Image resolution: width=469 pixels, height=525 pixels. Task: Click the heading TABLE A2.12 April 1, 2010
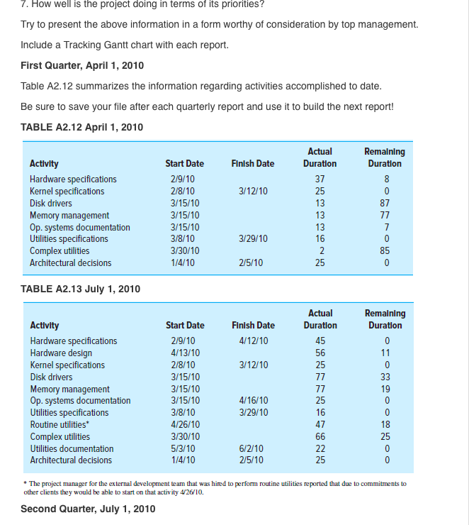[81, 127]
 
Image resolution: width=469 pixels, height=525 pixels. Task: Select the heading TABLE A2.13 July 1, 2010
[80, 289]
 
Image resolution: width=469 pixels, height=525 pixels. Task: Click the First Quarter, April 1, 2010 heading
[82, 65]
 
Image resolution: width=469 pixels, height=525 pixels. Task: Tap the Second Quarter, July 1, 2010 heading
[88, 509]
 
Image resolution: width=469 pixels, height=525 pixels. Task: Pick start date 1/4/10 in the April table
[181, 262]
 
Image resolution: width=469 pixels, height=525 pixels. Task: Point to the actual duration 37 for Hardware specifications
[320, 179]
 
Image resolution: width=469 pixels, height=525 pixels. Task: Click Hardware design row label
[61, 353]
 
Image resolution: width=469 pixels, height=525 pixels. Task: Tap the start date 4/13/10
[183, 353]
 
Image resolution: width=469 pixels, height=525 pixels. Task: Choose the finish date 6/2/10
[250, 448]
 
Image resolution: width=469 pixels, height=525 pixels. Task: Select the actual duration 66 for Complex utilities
[320, 436]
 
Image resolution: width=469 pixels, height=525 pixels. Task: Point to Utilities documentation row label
[72, 448]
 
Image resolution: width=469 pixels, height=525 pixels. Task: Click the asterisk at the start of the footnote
[26, 483]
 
